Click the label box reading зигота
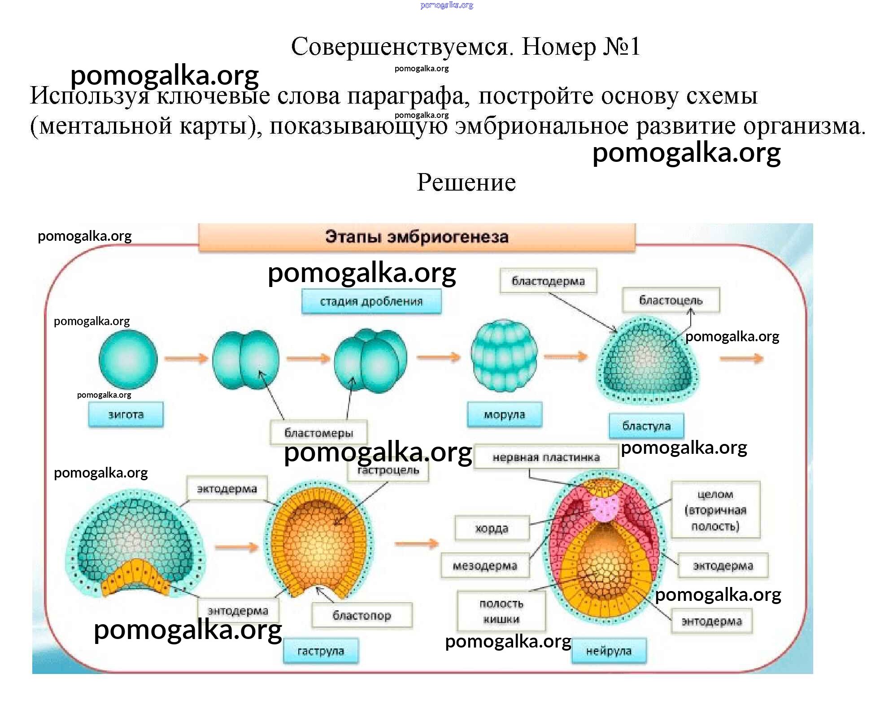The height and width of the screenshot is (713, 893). pyautogui.click(x=126, y=414)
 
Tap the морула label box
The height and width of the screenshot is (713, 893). pyautogui.click(x=504, y=414)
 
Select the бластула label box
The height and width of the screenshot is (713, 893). pyautogui.click(x=646, y=426)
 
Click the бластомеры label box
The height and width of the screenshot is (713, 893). pyautogui.click(x=319, y=433)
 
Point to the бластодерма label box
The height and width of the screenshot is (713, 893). pyautogui.click(x=548, y=281)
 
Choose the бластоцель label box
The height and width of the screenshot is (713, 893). pyautogui.click(x=671, y=300)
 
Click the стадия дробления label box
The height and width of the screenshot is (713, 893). pyautogui.click(x=371, y=301)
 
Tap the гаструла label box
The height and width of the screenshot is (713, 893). pyautogui.click(x=321, y=651)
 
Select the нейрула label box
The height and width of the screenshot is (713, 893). pyautogui.click(x=609, y=651)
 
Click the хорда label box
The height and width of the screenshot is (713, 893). pyautogui.click(x=492, y=528)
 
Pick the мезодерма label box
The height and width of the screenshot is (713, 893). pyautogui.click(x=485, y=566)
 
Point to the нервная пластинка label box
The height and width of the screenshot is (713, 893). pyautogui.click(x=546, y=457)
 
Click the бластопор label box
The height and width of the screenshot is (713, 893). pyautogui.click(x=362, y=615)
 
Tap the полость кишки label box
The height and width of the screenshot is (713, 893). pyautogui.click(x=501, y=611)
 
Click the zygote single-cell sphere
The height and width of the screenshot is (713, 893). pyautogui.click(x=128, y=359)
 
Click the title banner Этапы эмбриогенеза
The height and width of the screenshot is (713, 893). pyautogui.click(x=417, y=237)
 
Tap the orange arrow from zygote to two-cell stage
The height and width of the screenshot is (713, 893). pyautogui.click(x=186, y=358)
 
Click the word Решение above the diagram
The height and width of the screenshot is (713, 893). pyautogui.click(x=466, y=183)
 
